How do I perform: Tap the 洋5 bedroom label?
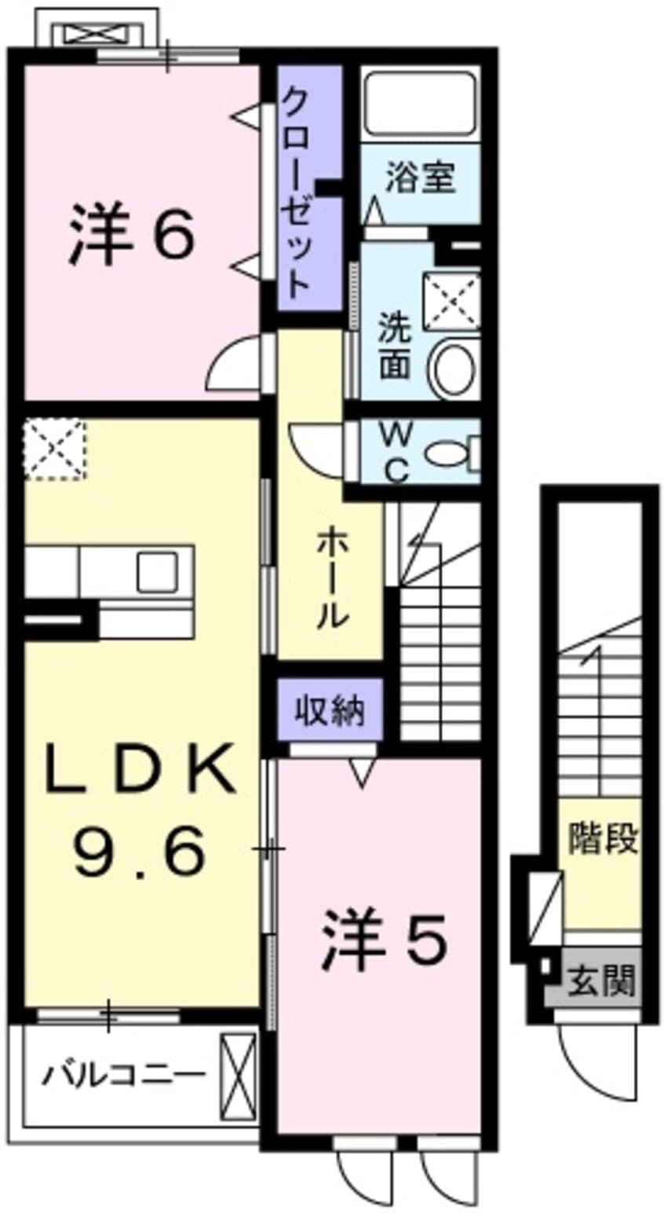click(383, 937)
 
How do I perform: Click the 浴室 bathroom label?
click(420, 179)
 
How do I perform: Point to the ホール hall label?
click(331, 578)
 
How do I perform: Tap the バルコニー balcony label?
click(123, 1073)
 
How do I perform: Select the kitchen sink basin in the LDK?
click(156, 572)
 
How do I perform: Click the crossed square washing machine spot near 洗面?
click(451, 302)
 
